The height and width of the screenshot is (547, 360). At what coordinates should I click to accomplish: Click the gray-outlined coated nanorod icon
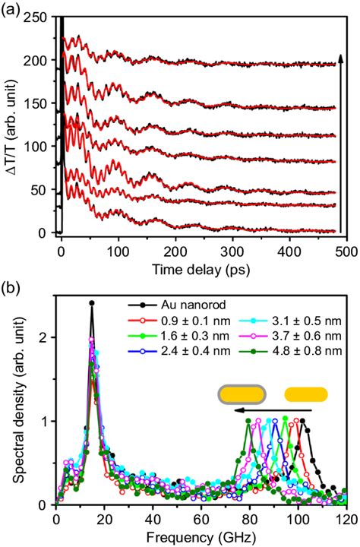click(x=242, y=394)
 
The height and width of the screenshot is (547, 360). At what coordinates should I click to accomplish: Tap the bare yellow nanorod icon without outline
click(x=305, y=394)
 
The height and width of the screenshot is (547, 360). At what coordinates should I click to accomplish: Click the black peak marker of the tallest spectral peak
click(x=92, y=303)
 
